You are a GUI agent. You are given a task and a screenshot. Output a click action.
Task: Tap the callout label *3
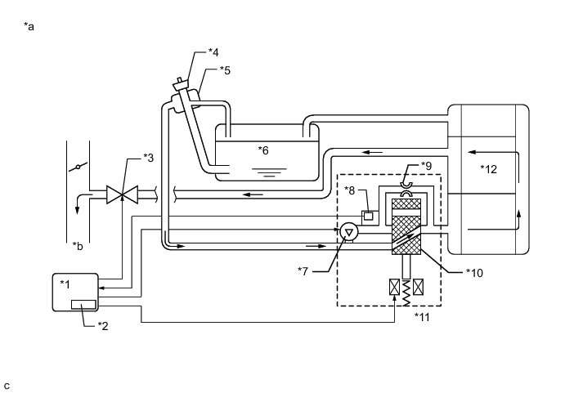point(149,157)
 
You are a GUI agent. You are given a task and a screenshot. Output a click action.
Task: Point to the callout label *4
point(213,52)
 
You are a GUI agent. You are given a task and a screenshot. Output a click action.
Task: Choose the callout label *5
point(225,71)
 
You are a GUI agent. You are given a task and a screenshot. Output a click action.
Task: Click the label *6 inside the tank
point(263,150)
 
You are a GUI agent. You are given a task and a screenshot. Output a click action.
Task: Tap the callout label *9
point(426,166)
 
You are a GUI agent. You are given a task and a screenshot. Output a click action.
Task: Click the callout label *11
point(421,317)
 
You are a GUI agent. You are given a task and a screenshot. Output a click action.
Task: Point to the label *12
point(488,169)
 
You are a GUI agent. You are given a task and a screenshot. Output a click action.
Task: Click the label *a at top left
point(30,27)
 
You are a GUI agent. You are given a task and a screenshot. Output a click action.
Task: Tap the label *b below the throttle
point(77,245)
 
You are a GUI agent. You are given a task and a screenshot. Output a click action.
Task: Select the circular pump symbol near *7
point(348,233)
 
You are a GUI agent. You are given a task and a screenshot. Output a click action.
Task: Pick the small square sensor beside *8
point(369,217)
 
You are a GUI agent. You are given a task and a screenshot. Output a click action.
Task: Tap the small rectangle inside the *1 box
point(83,305)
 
